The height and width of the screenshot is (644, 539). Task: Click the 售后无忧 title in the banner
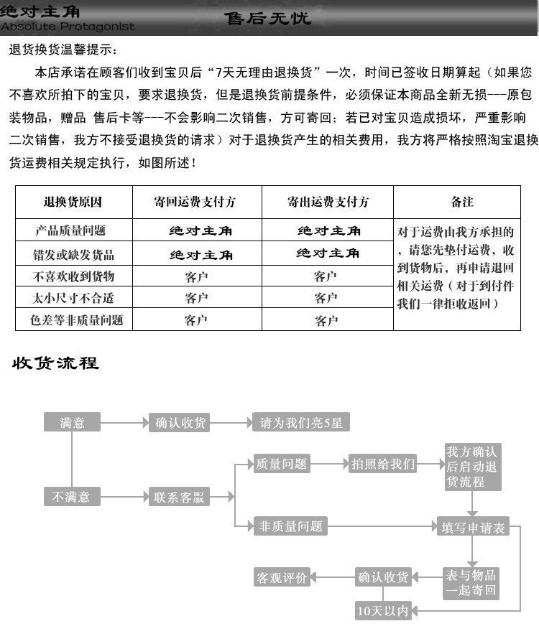(x=267, y=17)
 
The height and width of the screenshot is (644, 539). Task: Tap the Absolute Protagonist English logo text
(x=68, y=27)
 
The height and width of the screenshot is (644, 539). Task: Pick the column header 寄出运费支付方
(x=327, y=202)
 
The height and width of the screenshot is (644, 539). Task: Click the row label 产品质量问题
(x=73, y=230)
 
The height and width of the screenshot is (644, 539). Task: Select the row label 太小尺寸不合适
(x=73, y=297)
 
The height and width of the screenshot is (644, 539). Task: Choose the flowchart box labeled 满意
(x=72, y=423)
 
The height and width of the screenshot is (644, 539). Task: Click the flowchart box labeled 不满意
(x=72, y=496)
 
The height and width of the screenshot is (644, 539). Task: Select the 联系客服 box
(x=179, y=497)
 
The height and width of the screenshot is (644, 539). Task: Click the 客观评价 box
(x=281, y=577)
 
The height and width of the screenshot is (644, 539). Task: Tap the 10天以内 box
(x=382, y=611)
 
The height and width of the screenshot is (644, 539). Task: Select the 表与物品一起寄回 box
(x=471, y=583)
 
